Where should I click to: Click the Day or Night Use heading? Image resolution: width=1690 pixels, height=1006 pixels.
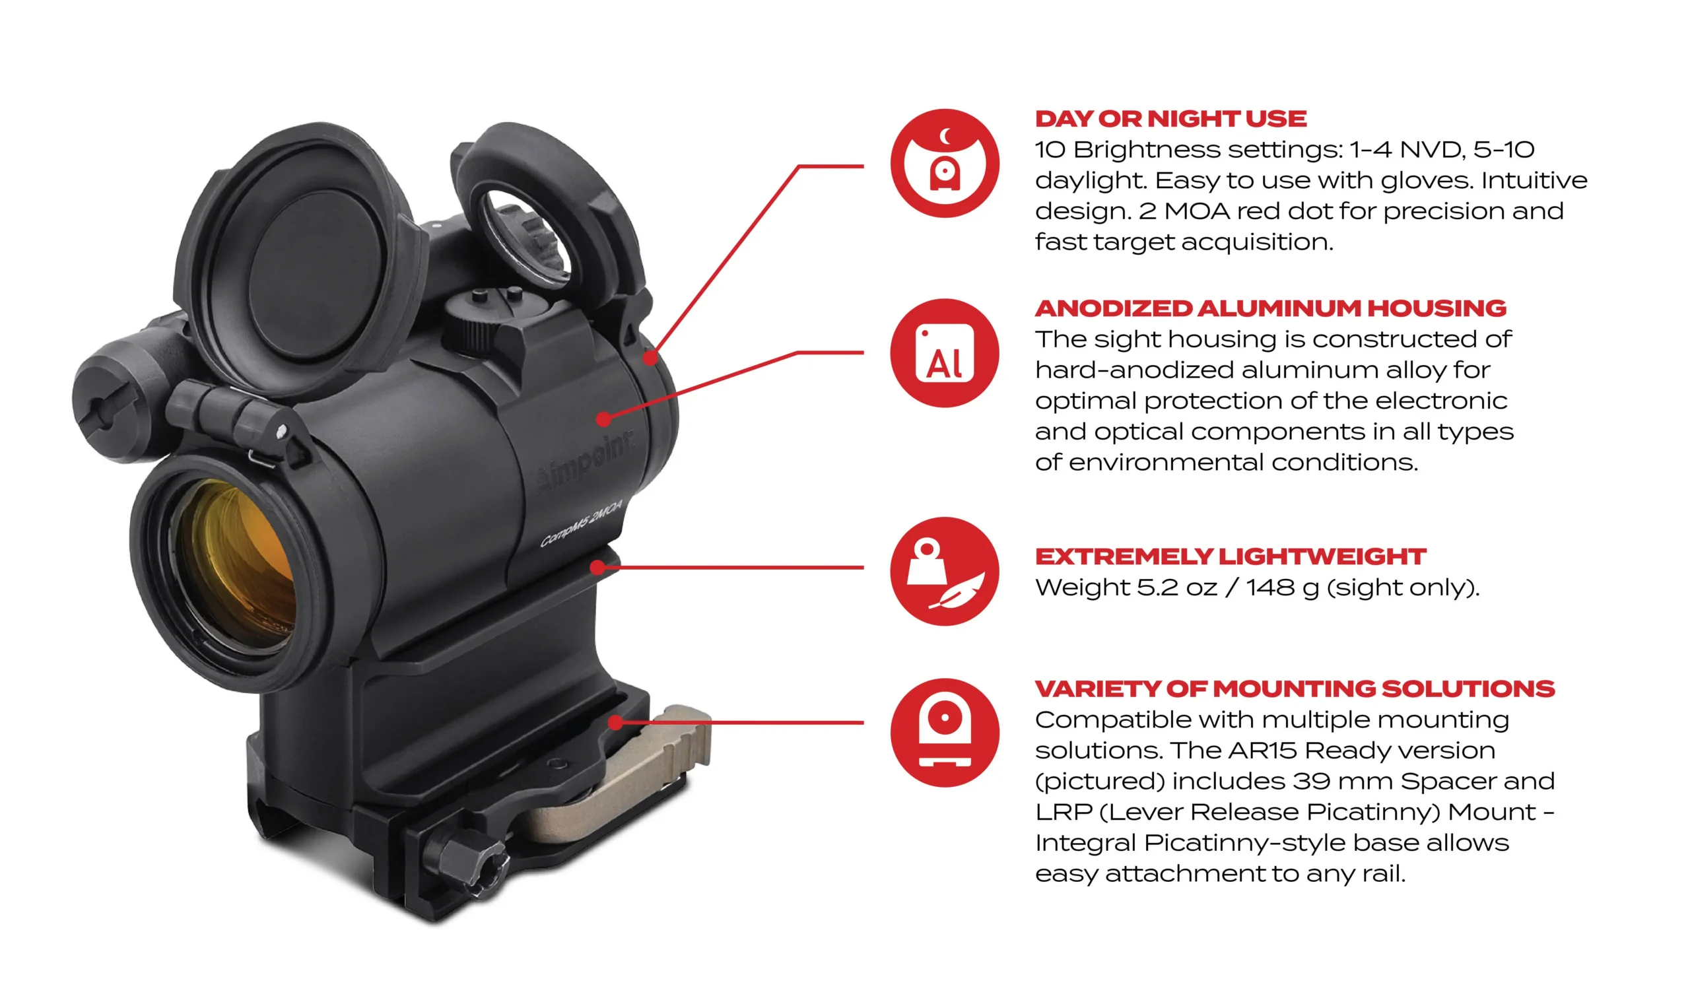[1170, 119]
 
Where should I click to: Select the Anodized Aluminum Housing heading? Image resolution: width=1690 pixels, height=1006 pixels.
[1270, 308]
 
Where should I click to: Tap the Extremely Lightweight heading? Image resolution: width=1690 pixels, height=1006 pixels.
[1231, 556]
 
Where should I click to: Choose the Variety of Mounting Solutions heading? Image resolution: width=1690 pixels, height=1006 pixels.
[1295, 688]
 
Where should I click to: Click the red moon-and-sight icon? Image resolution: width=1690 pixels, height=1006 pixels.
[944, 163]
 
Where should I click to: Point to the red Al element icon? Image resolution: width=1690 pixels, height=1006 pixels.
[944, 353]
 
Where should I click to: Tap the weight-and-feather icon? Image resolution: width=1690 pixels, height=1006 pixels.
[944, 572]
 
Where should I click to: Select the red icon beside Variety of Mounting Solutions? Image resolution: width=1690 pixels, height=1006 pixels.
[944, 733]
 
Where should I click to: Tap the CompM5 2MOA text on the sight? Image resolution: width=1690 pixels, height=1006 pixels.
[581, 522]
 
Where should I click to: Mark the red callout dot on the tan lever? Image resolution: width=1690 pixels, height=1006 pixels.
[615, 723]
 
